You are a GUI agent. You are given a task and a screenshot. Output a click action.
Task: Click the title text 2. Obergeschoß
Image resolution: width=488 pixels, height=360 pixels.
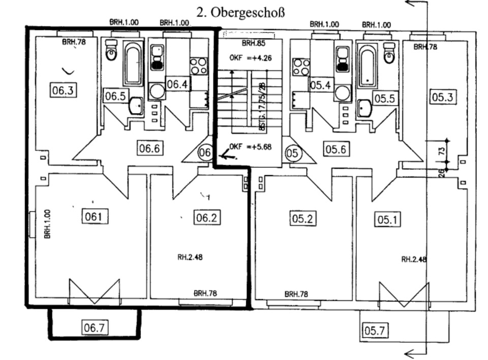(x=240, y=12)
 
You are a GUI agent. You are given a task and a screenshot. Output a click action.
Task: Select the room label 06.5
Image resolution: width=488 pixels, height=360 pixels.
(x=115, y=96)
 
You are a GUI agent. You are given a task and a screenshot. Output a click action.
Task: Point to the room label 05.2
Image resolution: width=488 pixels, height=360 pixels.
(x=303, y=218)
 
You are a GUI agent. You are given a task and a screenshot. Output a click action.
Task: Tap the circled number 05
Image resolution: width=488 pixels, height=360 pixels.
(x=292, y=152)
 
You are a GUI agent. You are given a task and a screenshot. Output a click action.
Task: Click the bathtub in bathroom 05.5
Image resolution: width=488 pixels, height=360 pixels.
(x=367, y=65)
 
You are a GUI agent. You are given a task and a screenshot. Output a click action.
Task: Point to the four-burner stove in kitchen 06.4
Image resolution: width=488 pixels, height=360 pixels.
(x=198, y=66)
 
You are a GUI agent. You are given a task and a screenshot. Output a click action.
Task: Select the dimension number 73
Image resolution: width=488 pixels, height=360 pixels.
(x=442, y=151)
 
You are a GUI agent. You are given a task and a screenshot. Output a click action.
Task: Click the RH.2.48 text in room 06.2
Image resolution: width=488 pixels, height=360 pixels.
(x=190, y=257)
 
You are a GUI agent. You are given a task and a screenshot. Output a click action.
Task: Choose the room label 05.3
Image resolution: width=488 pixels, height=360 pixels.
(x=442, y=96)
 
